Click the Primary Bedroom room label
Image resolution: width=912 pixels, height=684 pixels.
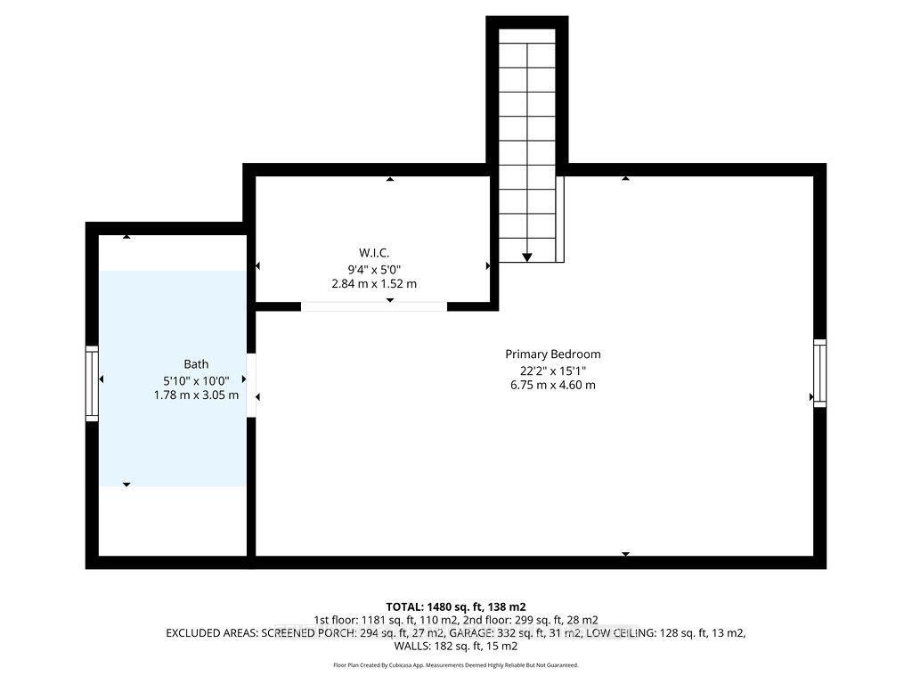click(553, 354)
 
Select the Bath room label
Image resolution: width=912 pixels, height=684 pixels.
click(196, 363)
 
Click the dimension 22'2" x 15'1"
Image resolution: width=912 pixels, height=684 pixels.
click(553, 370)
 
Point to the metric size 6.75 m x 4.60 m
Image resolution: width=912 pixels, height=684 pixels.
click(553, 385)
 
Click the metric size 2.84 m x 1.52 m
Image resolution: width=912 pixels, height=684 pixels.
click(374, 283)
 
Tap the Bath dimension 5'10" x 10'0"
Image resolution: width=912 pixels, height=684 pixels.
click(196, 379)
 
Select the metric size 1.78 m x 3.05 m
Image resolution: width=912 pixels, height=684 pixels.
click(196, 395)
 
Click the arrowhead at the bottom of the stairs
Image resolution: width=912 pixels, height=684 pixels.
click(527, 257)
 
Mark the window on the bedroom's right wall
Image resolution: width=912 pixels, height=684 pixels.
click(819, 372)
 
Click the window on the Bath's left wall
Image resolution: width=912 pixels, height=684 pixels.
click(91, 383)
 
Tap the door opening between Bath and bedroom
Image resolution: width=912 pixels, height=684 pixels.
click(251, 385)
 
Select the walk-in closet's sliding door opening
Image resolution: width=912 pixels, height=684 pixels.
click(373, 306)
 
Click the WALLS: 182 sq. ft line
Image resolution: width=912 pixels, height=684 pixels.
click(456, 647)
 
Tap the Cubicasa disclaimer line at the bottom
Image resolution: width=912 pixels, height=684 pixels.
click(456, 665)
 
